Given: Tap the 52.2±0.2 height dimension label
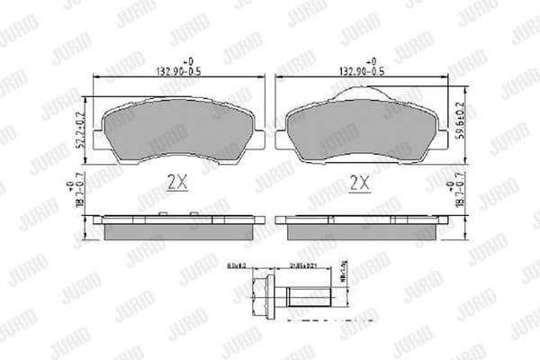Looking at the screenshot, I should coord(79,131).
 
